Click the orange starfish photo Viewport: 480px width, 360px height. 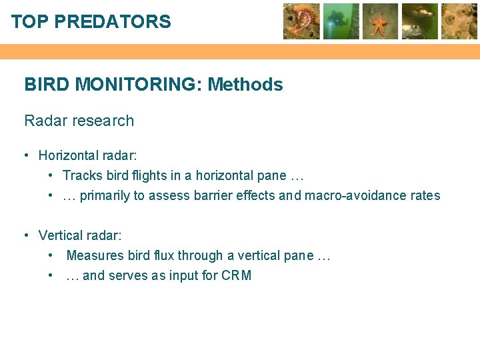pyautogui.click(x=380, y=21)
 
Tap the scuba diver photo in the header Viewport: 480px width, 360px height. pyautogui.click(x=341, y=21)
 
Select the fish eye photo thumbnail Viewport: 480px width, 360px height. pyautogui.click(x=420, y=21)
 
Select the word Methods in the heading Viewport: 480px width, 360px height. pyautogui.click(x=245, y=85)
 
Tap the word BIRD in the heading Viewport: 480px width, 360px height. pyautogui.click(x=47, y=85)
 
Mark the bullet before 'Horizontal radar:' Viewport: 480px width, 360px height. pyautogui.click(x=25, y=155)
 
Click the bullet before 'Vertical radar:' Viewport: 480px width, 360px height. pyautogui.click(x=25, y=235)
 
